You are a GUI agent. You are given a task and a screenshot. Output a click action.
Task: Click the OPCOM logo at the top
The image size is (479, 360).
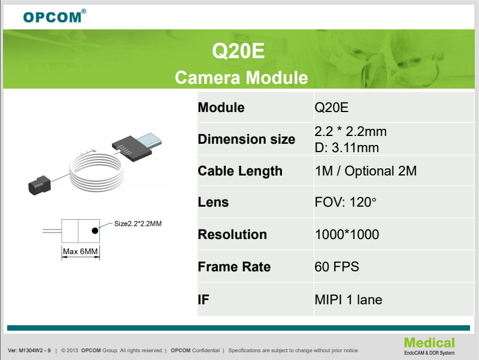click(x=54, y=16)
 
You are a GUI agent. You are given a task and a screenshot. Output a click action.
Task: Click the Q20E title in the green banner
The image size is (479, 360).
click(x=238, y=51)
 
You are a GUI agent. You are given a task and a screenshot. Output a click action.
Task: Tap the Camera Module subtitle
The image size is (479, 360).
click(x=241, y=77)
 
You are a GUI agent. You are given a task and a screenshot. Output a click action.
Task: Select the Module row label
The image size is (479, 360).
click(x=221, y=108)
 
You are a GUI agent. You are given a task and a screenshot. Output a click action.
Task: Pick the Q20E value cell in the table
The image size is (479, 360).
click(x=332, y=108)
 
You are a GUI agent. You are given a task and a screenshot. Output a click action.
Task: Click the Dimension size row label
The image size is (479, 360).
click(x=247, y=139)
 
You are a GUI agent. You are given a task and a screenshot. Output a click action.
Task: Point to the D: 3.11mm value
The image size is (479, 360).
click(x=347, y=148)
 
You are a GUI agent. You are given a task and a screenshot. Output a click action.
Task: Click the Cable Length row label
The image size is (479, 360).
click(x=240, y=171)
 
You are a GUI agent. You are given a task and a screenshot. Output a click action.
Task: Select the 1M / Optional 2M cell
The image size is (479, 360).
click(x=366, y=171)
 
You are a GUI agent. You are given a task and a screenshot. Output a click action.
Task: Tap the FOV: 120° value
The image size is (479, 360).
click(x=345, y=202)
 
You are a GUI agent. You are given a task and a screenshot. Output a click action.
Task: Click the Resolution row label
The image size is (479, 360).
click(x=232, y=234)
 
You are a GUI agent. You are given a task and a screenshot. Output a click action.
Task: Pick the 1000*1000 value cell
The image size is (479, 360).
click(x=347, y=234)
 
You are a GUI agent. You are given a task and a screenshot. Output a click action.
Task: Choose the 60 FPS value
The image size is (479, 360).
click(x=337, y=267)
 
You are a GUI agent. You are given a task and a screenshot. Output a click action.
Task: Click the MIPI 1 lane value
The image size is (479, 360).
click(x=348, y=300)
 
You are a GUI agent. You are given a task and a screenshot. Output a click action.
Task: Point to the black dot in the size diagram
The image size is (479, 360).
click(x=95, y=231)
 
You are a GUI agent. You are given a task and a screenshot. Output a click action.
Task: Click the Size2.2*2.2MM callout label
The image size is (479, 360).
click(x=138, y=223)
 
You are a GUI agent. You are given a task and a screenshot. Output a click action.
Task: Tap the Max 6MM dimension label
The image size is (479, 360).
click(x=80, y=252)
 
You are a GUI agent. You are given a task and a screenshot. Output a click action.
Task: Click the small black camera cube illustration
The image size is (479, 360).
click(x=40, y=185)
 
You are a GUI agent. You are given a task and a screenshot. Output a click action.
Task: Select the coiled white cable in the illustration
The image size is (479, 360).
click(x=97, y=171)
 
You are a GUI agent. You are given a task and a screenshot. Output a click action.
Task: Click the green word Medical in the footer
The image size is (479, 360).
click(x=429, y=343)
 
